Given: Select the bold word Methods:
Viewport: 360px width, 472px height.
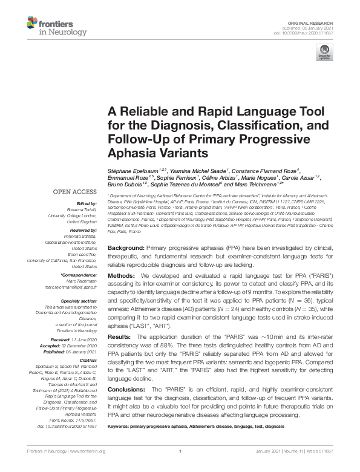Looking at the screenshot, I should point(122,275).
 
